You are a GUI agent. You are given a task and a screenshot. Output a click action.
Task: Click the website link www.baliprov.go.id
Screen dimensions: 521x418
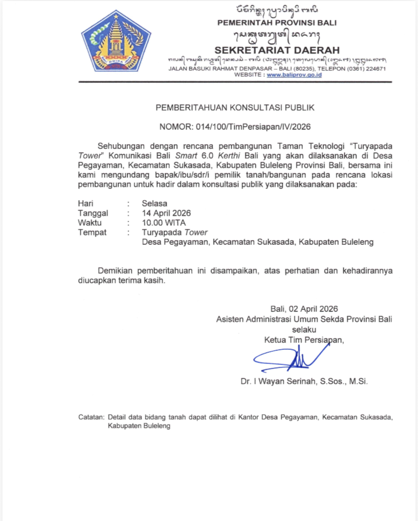tap(294, 75)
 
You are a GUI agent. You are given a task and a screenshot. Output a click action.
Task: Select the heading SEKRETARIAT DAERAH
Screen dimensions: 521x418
tap(277, 50)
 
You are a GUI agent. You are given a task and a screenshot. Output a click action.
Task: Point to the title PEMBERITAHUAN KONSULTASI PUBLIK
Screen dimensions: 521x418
tap(235, 108)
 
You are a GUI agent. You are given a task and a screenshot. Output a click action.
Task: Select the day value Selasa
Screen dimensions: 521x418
tap(154, 203)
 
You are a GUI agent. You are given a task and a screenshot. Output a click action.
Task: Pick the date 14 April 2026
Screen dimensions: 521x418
tap(167, 213)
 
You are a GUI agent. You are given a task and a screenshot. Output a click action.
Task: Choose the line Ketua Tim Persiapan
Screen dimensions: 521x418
tap(304, 340)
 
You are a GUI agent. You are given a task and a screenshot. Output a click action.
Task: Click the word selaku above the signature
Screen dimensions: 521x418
tap(304, 329)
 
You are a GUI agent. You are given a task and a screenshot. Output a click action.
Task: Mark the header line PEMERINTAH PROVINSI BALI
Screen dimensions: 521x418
tap(277, 23)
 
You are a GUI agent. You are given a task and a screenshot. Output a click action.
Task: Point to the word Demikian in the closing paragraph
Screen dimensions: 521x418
tap(116, 271)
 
